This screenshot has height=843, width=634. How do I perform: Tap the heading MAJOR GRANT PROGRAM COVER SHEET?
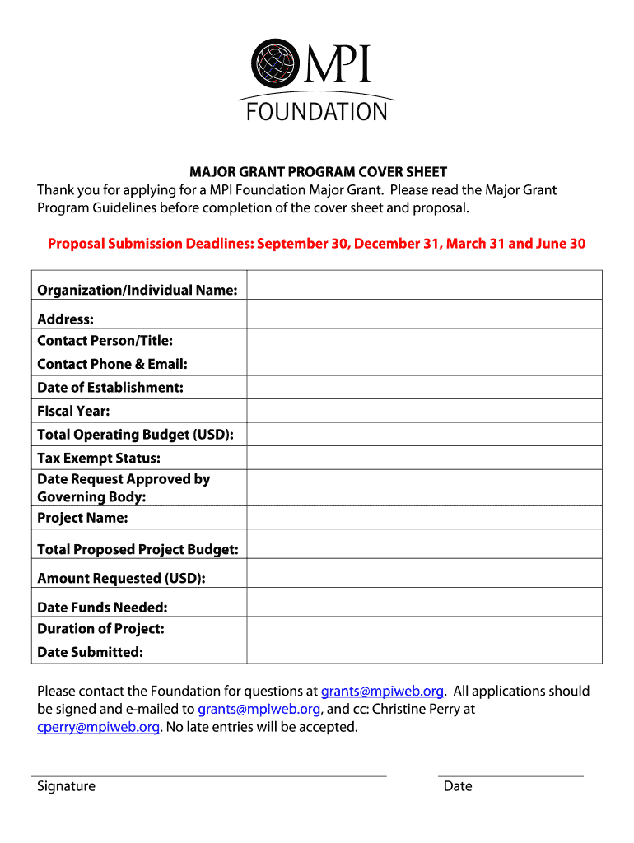[x=319, y=172]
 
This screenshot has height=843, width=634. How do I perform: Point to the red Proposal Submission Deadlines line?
[x=316, y=244]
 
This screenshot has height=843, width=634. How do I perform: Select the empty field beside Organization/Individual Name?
[x=424, y=286]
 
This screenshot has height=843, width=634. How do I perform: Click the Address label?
[x=65, y=319]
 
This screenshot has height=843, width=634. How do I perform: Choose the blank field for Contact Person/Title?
[x=424, y=340]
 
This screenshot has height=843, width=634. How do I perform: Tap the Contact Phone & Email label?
[x=112, y=364]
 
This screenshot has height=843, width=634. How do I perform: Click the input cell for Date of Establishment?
[x=424, y=387]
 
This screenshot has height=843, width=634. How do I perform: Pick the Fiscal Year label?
[x=73, y=411]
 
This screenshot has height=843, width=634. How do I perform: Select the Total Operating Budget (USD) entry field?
[x=424, y=435]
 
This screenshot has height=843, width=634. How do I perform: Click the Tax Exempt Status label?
[x=99, y=458]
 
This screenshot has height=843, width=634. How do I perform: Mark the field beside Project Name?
[x=424, y=518]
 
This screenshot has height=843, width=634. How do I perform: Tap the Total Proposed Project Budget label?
[x=138, y=549]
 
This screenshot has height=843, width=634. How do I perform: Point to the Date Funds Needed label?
[x=102, y=608]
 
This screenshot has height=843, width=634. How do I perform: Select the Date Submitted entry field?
[x=424, y=652]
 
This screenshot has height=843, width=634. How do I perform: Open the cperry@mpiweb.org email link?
[x=98, y=727]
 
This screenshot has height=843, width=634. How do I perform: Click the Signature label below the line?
[x=66, y=786]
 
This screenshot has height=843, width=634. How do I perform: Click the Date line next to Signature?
[x=510, y=775]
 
